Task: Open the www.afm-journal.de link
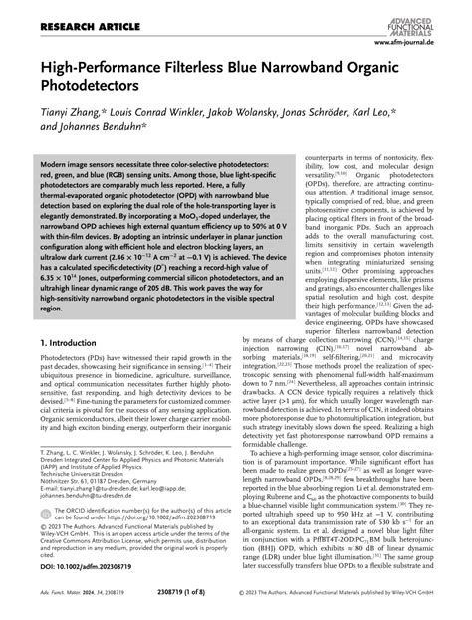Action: tap(424, 43)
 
